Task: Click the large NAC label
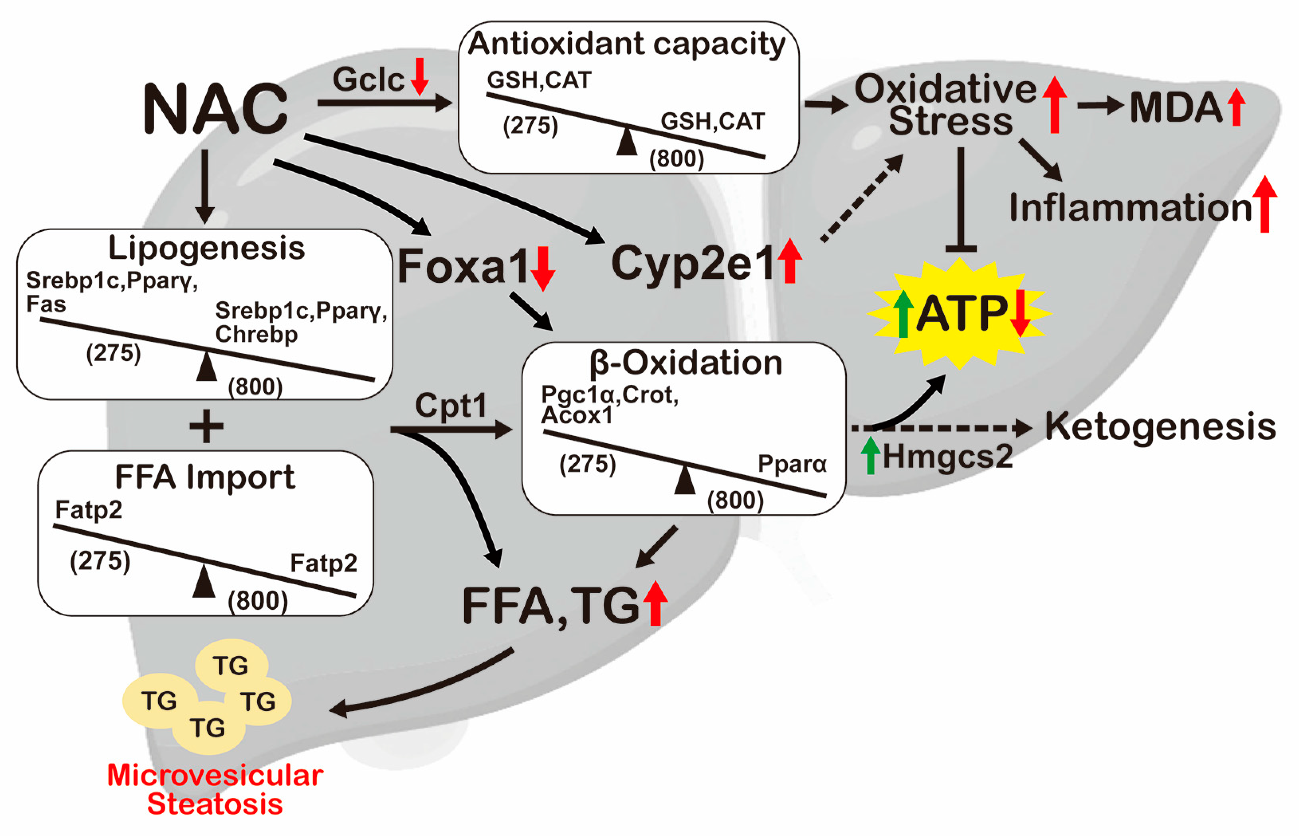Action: [215, 109]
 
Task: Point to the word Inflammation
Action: [1130, 208]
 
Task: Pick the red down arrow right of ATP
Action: [1020, 314]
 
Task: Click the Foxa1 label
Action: [463, 266]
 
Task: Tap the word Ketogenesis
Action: [1160, 426]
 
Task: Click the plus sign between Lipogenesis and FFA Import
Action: [206, 427]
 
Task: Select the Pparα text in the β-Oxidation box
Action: [792, 464]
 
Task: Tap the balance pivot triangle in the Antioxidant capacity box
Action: [627, 142]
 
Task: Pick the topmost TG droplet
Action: [231, 666]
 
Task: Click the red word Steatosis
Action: [215, 804]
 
